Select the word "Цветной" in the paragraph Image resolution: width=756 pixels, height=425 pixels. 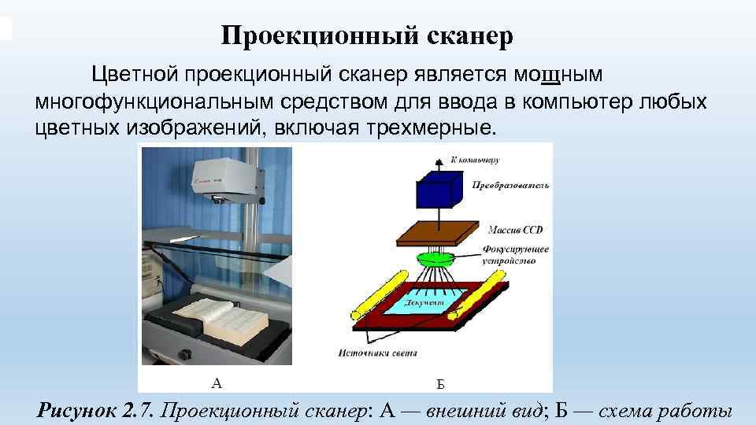click(x=135, y=75)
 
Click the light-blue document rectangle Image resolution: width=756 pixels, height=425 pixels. click(x=428, y=299)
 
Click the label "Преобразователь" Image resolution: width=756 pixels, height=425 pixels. click(x=510, y=186)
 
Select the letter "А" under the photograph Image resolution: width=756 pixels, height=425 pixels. click(x=217, y=383)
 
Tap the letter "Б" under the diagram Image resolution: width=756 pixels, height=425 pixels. click(x=441, y=384)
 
